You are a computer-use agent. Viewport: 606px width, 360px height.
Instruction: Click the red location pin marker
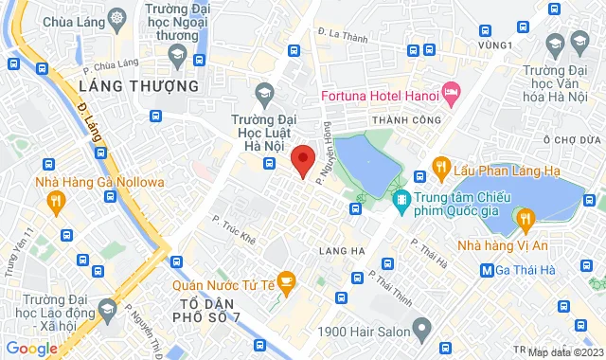click(x=302, y=160)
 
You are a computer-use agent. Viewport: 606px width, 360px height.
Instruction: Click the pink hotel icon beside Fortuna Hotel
click(x=452, y=93)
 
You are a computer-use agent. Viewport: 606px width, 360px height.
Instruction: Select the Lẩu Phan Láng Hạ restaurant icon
click(x=440, y=168)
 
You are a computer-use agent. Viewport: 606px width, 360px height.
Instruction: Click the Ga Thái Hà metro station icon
click(x=487, y=269)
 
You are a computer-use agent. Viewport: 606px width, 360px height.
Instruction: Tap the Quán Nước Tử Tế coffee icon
click(x=288, y=280)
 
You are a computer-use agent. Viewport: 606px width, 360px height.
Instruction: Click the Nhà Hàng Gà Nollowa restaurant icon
click(x=57, y=200)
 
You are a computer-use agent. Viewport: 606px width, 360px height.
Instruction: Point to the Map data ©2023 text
click(x=564, y=352)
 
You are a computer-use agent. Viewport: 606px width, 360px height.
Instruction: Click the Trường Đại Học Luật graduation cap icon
click(x=263, y=92)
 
